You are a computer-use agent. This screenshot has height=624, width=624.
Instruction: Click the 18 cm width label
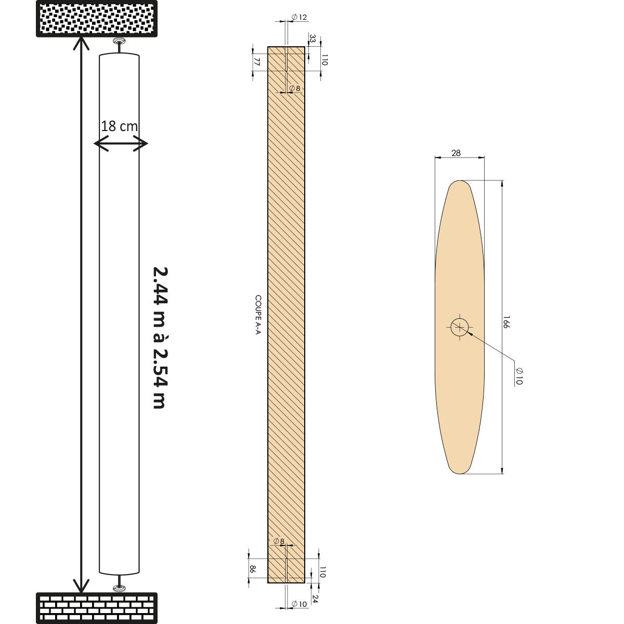(119, 126)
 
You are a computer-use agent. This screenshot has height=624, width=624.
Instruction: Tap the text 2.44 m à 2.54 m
(160, 337)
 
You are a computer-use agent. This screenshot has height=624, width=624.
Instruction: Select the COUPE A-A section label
(257, 315)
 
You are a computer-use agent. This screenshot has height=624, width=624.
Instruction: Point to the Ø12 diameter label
(299, 17)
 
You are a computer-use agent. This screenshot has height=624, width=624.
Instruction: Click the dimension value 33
(313, 38)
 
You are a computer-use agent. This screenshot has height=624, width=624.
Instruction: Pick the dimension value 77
(256, 61)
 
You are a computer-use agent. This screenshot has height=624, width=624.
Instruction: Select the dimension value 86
(253, 569)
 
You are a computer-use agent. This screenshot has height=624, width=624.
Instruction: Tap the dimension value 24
(315, 599)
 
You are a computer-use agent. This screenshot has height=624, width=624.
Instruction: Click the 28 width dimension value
(456, 153)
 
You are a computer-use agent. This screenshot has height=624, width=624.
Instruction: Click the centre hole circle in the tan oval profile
(460, 327)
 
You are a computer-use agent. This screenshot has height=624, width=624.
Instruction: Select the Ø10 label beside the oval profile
(518, 376)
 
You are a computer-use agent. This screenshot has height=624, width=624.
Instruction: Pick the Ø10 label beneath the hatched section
(299, 604)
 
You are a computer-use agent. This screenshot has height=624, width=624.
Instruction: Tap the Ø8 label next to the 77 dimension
(295, 88)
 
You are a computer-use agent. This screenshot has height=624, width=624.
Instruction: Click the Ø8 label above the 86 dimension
(279, 541)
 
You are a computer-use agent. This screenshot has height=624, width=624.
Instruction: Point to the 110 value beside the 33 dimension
(324, 60)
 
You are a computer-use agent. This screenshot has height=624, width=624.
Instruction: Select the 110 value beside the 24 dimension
(322, 572)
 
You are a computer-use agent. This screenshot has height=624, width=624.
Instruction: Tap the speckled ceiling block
(97, 18)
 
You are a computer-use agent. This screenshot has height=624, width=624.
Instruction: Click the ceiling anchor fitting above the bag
(120, 41)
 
